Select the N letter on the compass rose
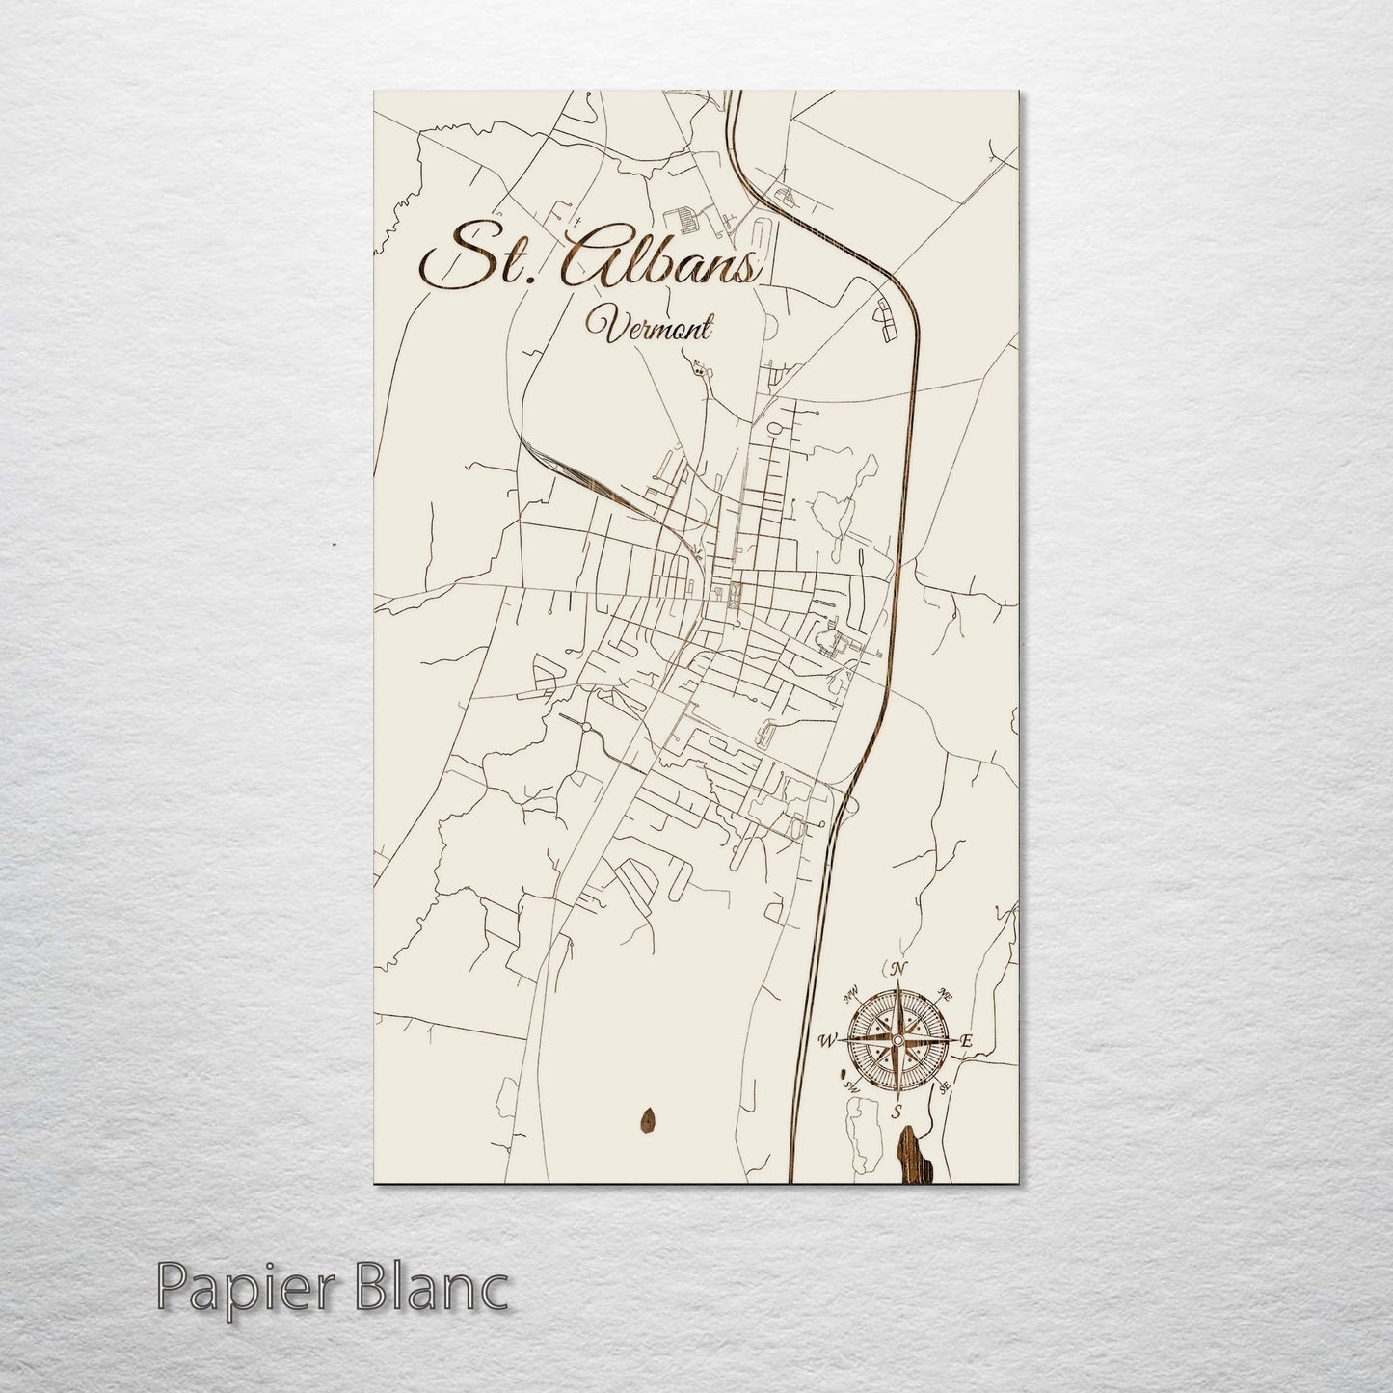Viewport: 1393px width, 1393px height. click(898, 969)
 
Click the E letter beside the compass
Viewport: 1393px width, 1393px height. click(967, 1041)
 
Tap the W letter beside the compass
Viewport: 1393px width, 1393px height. click(827, 1040)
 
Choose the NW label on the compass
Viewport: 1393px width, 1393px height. click(850, 994)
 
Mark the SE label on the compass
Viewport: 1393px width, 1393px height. click(945, 1087)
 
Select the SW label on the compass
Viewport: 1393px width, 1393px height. click(851, 1086)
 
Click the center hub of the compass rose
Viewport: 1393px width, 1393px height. click(897, 1040)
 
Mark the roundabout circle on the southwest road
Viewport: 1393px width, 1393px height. click(584, 726)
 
